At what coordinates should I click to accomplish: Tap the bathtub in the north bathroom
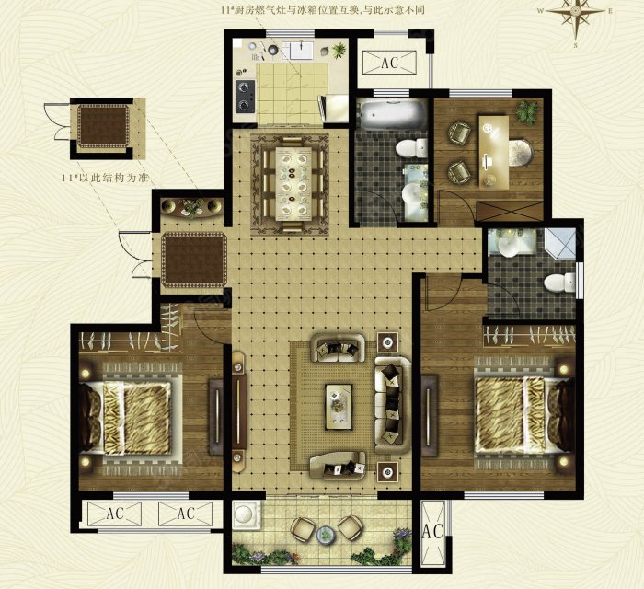point(392,115)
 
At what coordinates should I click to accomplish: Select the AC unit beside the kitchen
point(389,63)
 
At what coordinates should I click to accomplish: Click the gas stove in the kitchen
point(245,96)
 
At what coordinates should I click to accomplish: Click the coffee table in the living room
point(339,407)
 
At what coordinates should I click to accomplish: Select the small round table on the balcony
point(326,535)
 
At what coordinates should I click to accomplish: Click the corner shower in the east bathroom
point(559,244)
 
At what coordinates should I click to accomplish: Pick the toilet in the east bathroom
point(559,283)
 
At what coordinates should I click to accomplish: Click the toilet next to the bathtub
point(411,148)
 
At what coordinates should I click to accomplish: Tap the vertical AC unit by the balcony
point(433,532)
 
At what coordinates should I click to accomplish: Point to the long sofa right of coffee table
point(393,405)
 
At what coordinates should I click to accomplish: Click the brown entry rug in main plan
point(194,260)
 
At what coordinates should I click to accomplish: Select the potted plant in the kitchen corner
point(339,51)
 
